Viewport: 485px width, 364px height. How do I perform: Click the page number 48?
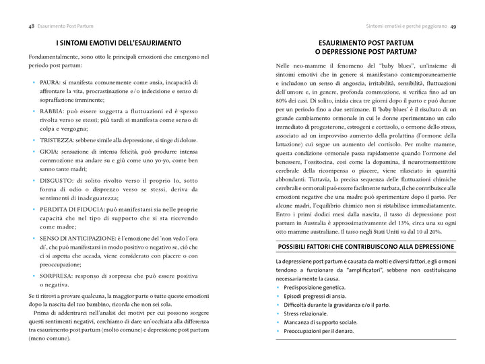[32, 26]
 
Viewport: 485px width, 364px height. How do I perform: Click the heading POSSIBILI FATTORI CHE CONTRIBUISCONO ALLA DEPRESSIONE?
[366, 247]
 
